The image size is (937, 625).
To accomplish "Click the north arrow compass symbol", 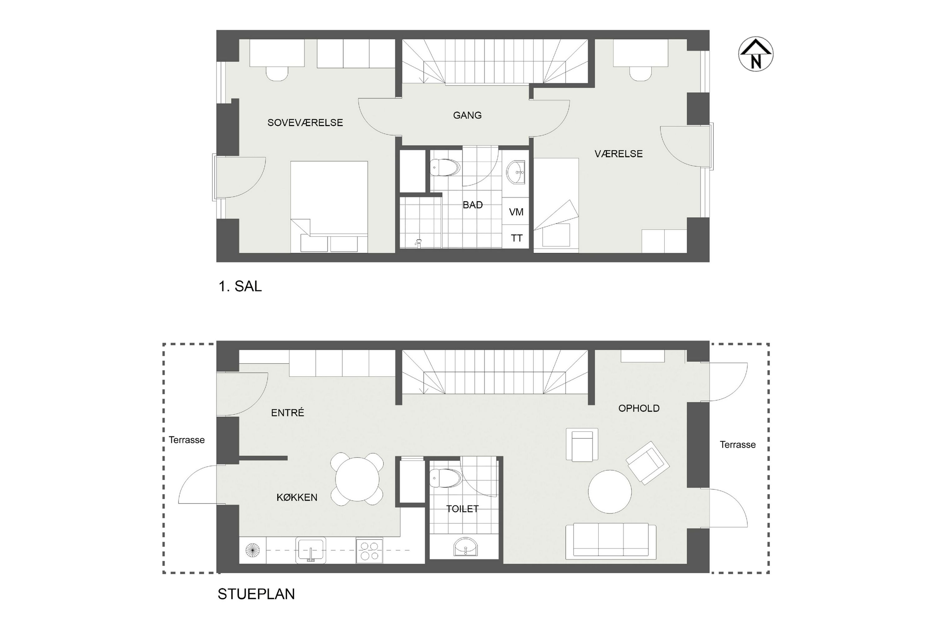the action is point(756,54).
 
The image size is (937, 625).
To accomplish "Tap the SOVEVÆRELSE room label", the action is point(305,123).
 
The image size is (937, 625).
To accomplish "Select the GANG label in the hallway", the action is point(467,115).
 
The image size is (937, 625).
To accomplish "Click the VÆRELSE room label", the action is point(618,154).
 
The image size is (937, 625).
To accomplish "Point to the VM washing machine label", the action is point(516,212).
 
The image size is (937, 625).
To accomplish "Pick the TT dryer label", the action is point(517,238).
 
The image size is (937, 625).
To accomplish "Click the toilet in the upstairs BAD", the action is point(445,168).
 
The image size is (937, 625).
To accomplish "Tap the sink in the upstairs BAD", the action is point(516,172).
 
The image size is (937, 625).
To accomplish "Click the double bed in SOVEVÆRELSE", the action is point(329,207).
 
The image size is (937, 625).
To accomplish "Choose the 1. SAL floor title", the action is point(240,286).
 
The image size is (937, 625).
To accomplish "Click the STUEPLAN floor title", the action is point(256,594).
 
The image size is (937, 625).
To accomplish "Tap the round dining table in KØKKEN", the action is point(357,479).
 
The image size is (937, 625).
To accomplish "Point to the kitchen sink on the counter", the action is point(311,550).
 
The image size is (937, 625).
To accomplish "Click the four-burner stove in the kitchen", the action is point(369,550).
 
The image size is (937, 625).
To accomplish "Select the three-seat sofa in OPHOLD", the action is point(611,541).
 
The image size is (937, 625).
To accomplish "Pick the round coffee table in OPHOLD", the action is point(610,492).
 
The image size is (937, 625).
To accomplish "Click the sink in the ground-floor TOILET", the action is point(465,547).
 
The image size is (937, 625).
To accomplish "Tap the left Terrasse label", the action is point(186,440).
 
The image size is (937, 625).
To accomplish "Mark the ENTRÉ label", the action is point(288,412).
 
